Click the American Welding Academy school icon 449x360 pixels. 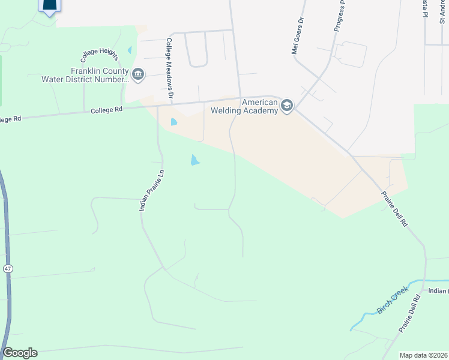tap(286, 106)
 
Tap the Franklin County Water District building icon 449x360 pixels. tap(138, 74)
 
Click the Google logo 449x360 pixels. tap(20, 353)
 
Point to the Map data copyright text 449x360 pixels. tap(424, 355)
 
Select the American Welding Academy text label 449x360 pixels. tap(260, 106)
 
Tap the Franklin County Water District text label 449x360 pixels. tap(84, 75)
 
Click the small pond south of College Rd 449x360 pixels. tap(174, 122)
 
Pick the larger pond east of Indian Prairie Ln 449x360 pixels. tap(195, 160)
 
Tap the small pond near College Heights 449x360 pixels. tap(129, 50)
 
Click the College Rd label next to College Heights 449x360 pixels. tap(107, 110)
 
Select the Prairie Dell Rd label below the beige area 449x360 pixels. tap(395, 209)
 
